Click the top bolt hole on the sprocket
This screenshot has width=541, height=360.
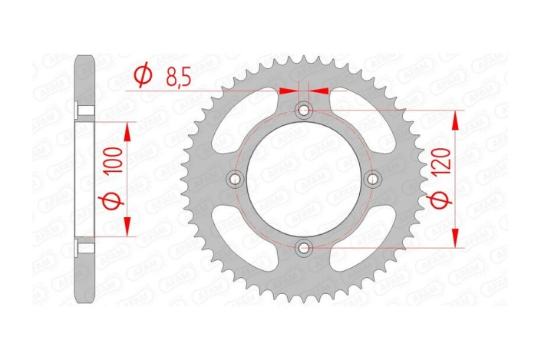305,111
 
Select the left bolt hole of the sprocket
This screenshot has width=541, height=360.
236,179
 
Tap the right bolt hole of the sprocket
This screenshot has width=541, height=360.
373,179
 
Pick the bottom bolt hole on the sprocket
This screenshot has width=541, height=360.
305,247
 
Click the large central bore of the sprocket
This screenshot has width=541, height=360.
305,179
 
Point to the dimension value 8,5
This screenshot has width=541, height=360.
179,76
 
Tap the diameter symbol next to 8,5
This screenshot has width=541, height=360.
143,77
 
